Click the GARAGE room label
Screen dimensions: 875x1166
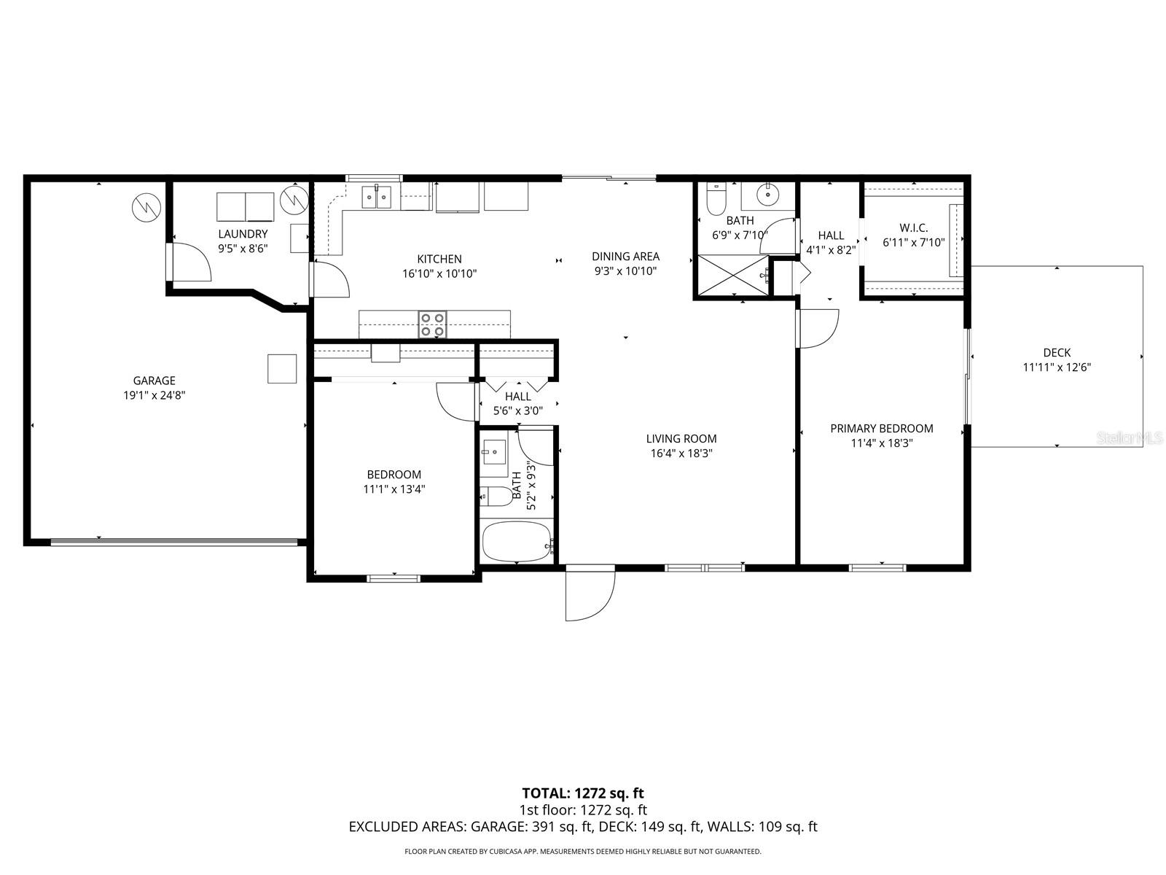tap(154, 381)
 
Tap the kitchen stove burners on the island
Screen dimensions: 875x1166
tap(432, 324)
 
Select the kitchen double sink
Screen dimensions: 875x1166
tap(377, 197)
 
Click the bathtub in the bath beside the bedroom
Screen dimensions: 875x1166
tap(516, 542)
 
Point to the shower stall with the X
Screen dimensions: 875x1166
tap(733, 275)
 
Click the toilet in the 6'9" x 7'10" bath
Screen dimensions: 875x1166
tap(716, 196)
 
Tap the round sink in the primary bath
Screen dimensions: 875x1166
tap(767, 195)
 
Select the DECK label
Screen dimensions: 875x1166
tap(1056, 353)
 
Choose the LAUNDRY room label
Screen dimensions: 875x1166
tap(243, 234)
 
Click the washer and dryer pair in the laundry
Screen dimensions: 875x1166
tap(245, 206)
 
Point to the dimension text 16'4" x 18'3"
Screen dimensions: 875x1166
tap(681, 453)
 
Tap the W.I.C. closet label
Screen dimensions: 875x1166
tap(913, 228)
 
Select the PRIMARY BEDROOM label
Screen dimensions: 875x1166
tap(882, 429)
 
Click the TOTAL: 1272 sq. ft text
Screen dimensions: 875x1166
tap(583, 793)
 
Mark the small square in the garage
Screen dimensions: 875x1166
tap(282, 368)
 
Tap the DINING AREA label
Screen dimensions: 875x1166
tap(625, 256)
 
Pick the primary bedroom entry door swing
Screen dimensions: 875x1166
tap(818, 328)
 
